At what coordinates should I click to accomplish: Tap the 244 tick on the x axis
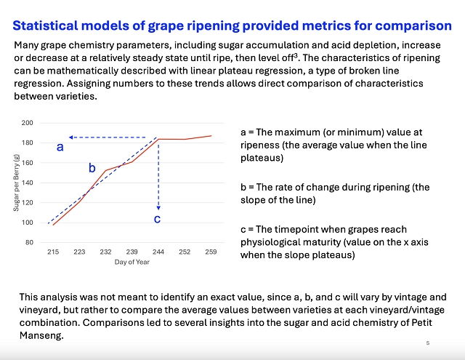click(x=158, y=252)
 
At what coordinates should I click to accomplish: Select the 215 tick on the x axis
click(x=53, y=252)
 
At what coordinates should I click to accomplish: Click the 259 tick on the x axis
click(x=210, y=252)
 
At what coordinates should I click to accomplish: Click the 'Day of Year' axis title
click(x=132, y=262)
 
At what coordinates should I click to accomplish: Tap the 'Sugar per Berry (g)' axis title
click(x=16, y=183)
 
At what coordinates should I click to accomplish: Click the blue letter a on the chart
click(x=60, y=147)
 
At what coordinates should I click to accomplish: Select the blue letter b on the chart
click(x=92, y=168)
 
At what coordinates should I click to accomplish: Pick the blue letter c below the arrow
click(x=158, y=218)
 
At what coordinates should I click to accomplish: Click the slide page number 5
click(x=428, y=342)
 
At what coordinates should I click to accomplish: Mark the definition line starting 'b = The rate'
click(x=335, y=187)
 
